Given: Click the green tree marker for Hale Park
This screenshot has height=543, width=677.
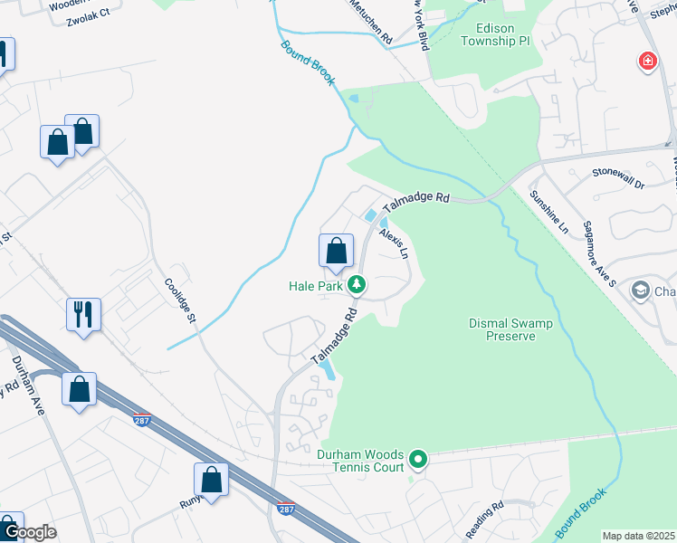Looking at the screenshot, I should [358, 286].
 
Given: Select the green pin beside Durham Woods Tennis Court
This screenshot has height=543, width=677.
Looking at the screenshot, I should [417, 461].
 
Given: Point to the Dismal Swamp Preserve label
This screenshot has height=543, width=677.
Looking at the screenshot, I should [502, 329].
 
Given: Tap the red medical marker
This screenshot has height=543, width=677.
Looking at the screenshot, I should [647, 62].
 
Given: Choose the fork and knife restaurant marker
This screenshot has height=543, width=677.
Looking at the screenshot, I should [83, 315].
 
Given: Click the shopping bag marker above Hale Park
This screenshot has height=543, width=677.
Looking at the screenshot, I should [336, 251].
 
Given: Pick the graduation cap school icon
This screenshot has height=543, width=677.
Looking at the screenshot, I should [642, 291].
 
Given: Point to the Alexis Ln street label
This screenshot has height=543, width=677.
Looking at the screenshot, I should [394, 244].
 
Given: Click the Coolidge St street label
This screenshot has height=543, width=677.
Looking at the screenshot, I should [180, 298].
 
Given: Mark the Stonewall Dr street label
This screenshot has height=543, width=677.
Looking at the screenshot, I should [618, 177].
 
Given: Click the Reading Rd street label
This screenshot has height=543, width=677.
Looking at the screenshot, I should [484, 520].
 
